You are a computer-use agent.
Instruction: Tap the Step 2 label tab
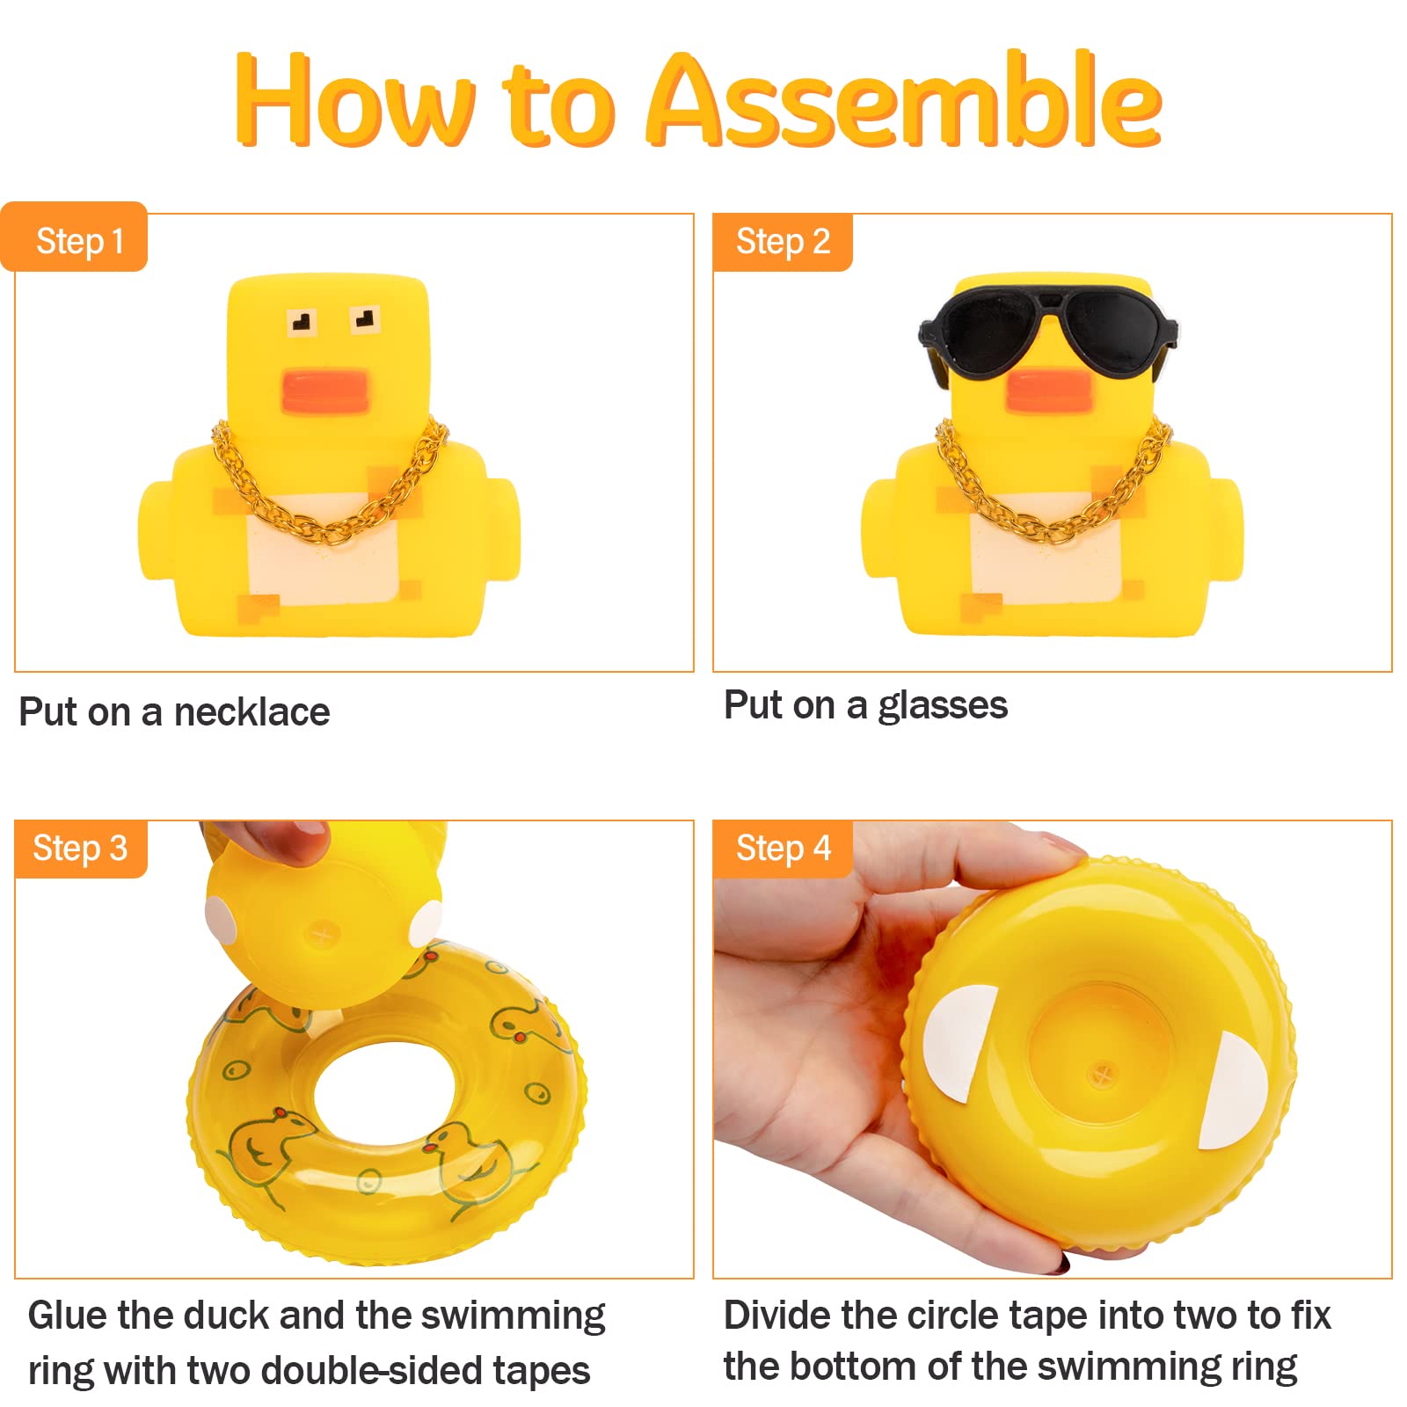[x=783, y=241]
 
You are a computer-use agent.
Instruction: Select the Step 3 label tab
[x=80, y=849]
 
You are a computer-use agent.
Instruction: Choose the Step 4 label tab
[x=783, y=849]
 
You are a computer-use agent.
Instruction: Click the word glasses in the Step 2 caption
[x=943, y=705]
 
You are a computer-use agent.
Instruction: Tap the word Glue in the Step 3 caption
[x=67, y=1316]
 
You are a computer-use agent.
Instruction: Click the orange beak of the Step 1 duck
[x=324, y=392]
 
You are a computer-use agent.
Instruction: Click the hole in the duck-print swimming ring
[x=383, y=1095]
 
